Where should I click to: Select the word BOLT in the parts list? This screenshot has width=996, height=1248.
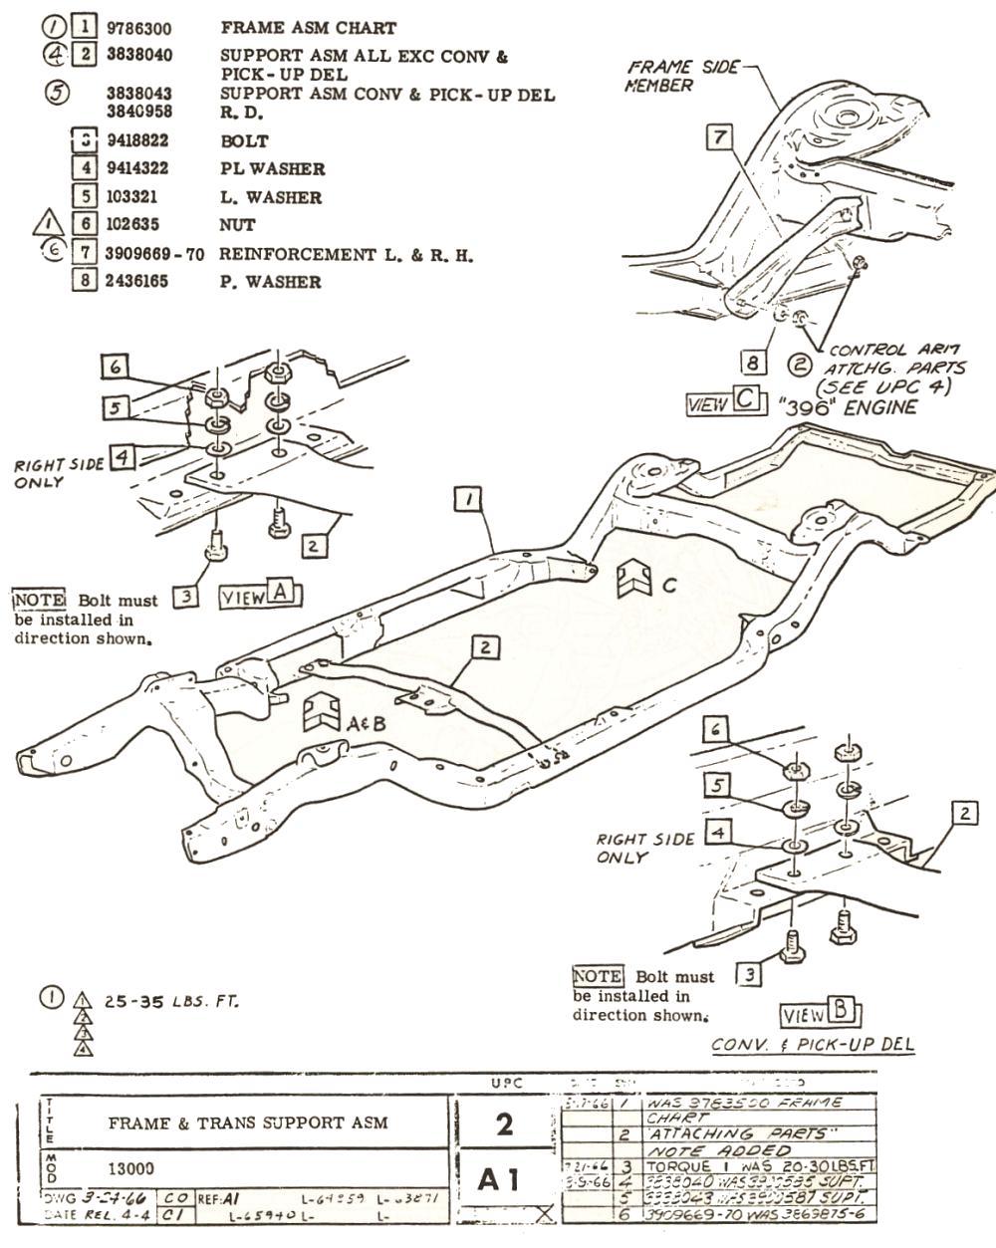[x=244, y=141]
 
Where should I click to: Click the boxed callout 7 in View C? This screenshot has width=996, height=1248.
[x=719, y=137]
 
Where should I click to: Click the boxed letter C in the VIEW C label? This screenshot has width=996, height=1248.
[x=747, y=399]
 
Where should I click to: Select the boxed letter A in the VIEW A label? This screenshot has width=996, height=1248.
[x=281, y=595]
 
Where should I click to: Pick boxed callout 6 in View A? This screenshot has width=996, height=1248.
[x=116, y=367]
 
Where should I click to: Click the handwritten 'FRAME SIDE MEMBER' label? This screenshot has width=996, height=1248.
[x=682, y=76]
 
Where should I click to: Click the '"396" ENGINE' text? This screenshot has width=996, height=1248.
[x=848, y=406]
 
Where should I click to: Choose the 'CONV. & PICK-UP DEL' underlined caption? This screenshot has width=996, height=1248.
[x=813, y=1045]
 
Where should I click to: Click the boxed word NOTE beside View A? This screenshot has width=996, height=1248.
[x=39, y=601]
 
